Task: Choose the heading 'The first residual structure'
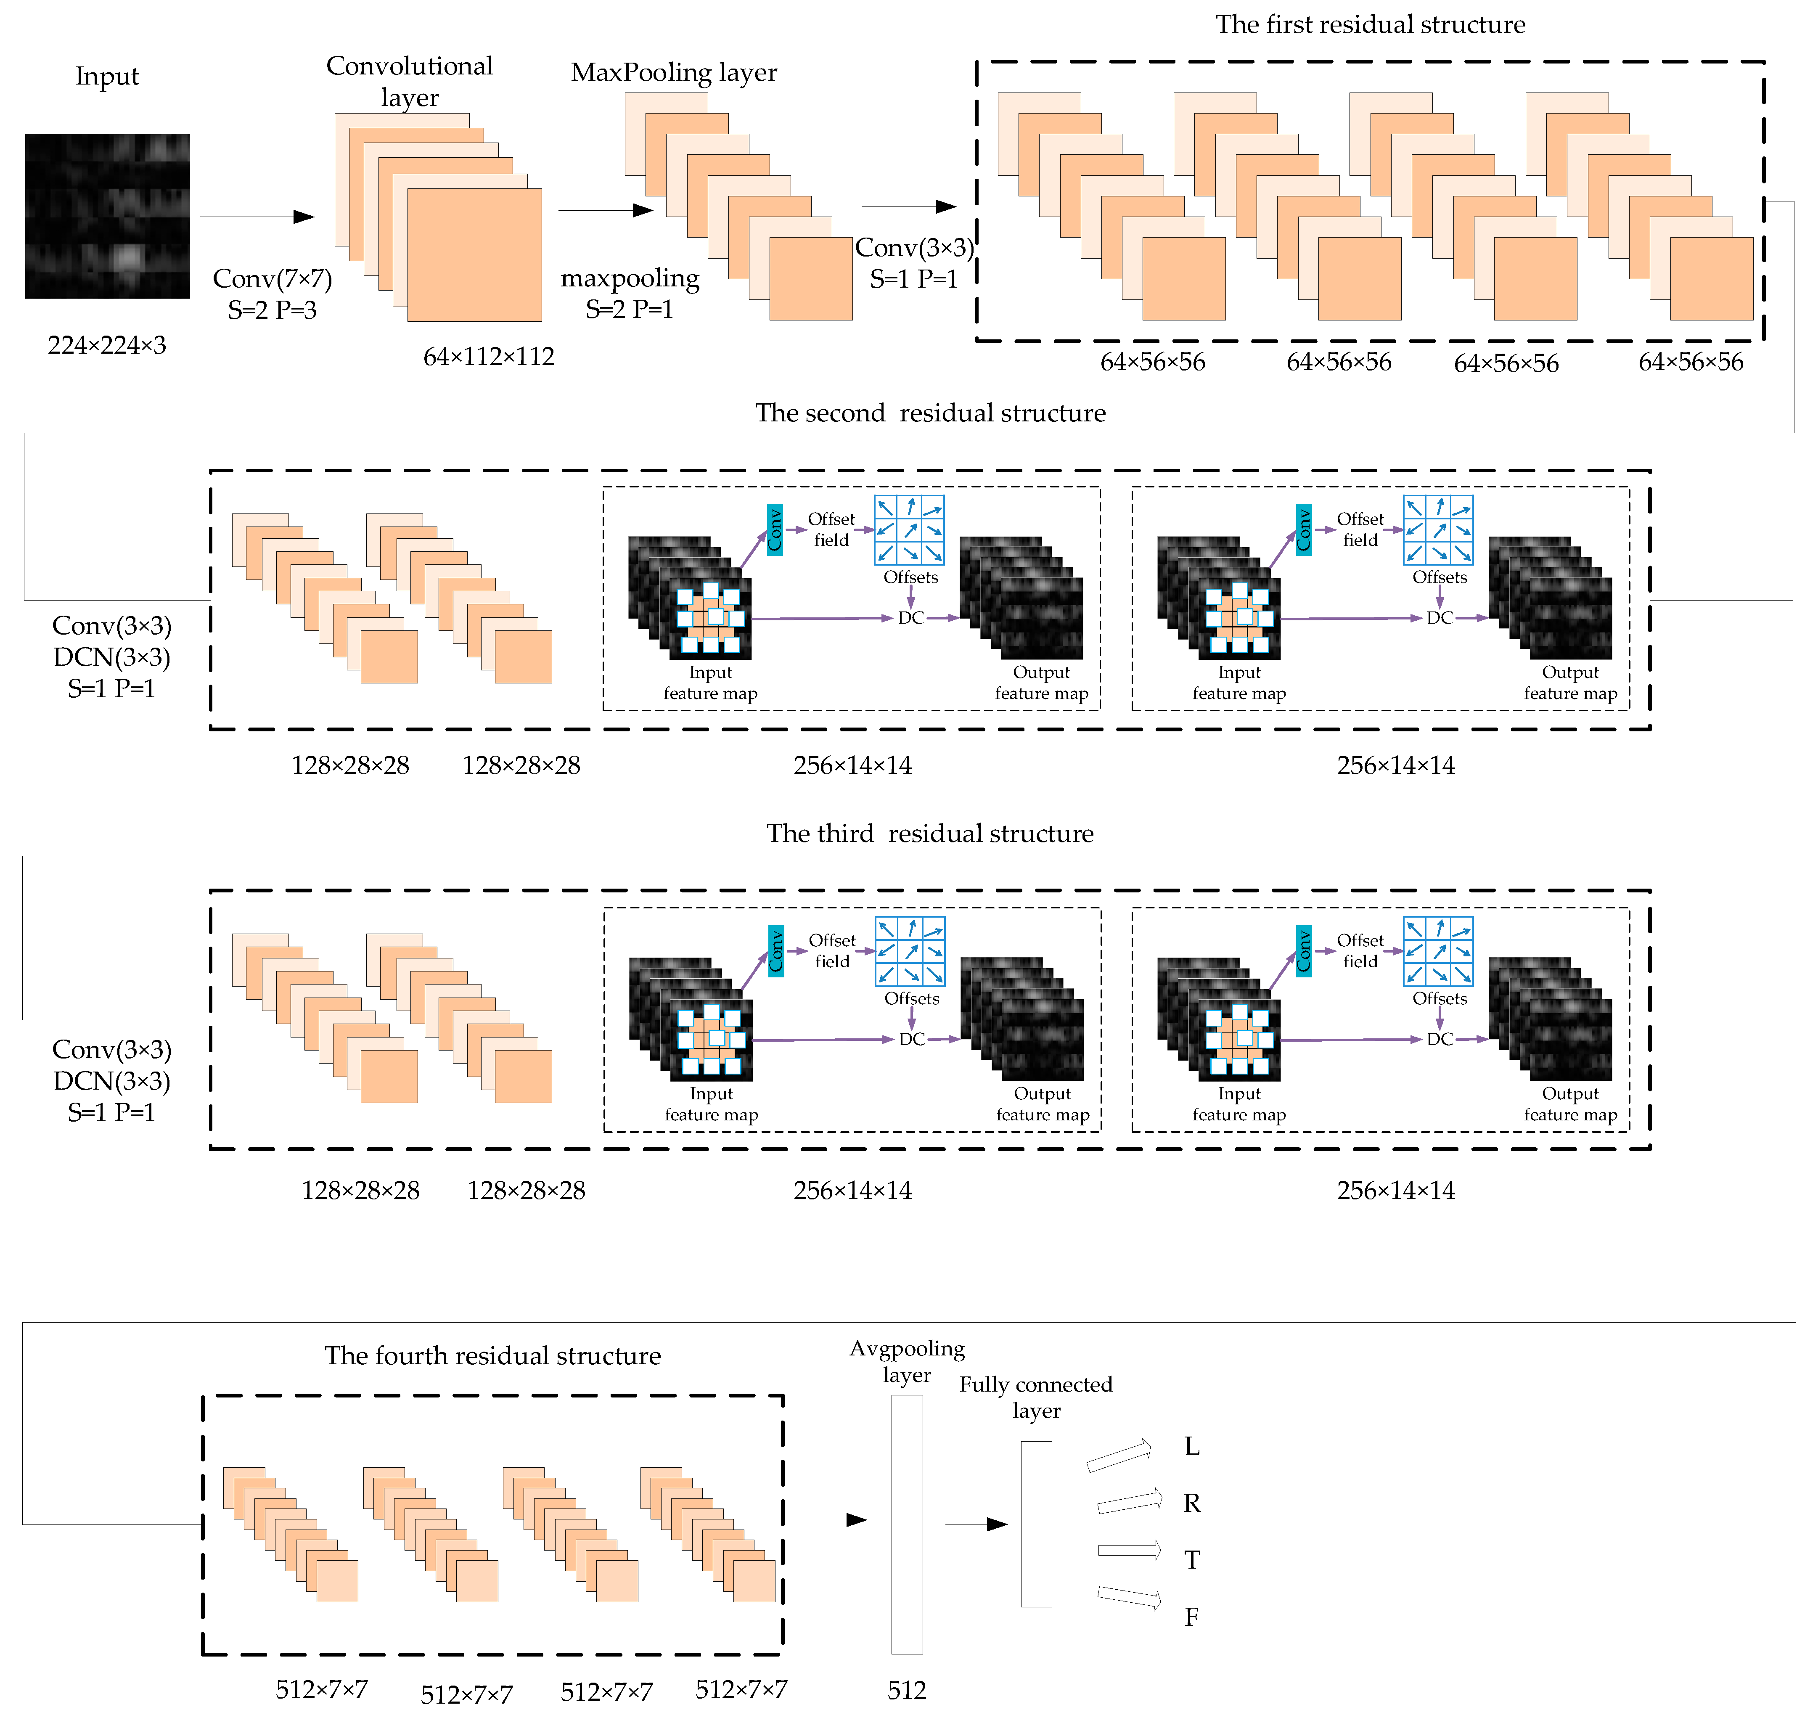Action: tap(1370, 25)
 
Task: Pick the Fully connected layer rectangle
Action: tap(1036, 1524)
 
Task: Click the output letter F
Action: tap(1191, 1617)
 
